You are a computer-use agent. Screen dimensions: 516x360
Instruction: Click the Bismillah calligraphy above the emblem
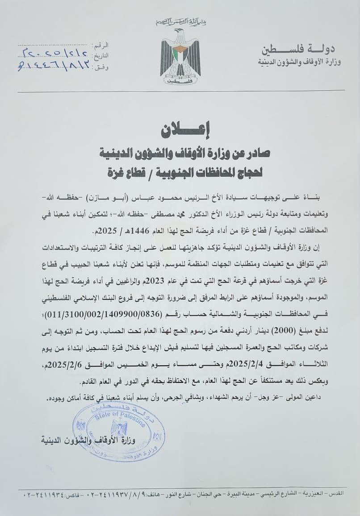[180, 22]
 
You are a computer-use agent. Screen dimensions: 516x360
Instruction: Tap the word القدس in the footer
[335, 494]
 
